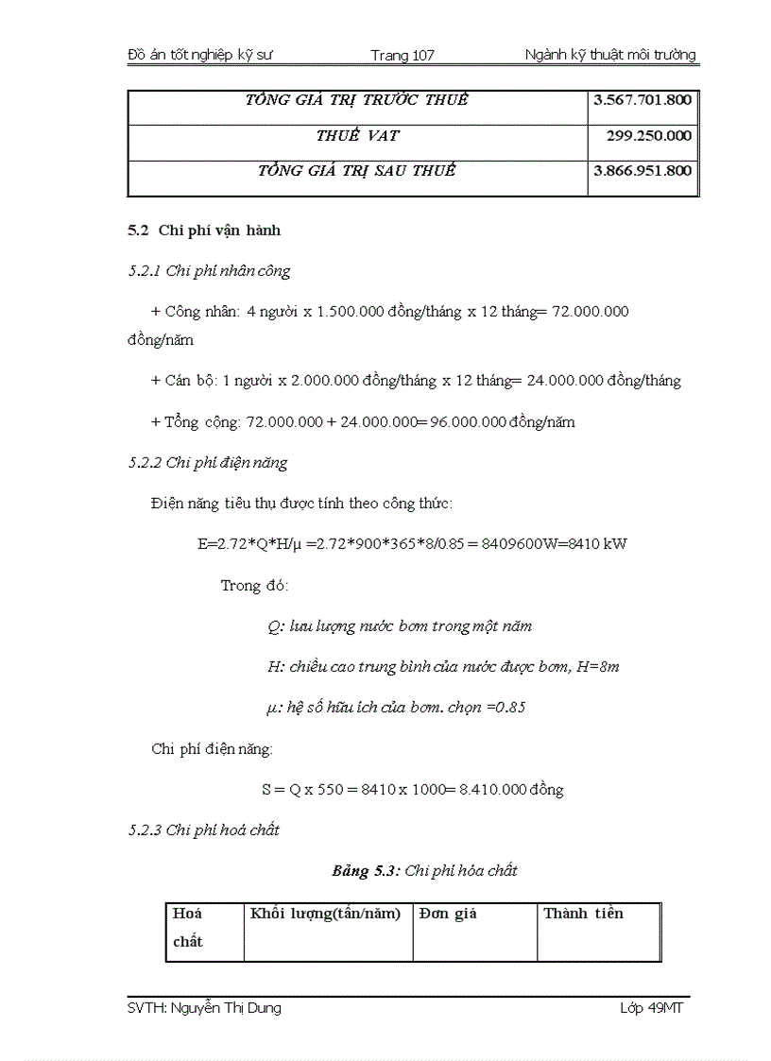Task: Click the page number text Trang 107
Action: pos(403,56)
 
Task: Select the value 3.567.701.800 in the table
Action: pos(642,100)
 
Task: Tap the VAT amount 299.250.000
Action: pos(648,136)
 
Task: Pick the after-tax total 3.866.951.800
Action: pos(642,171)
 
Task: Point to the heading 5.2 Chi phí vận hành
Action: pos(204,231)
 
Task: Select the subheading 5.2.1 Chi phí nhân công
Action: pos(209,271)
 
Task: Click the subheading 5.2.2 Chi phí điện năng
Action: pos(208,463)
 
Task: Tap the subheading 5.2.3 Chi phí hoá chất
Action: pos(203,830)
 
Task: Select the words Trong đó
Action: pos(254,586)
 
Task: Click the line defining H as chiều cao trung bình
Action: pos(443,667)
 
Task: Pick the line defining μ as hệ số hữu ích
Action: pos(396,708)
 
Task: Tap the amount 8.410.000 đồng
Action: pos(511,790)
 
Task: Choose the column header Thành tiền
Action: pos(583,914)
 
